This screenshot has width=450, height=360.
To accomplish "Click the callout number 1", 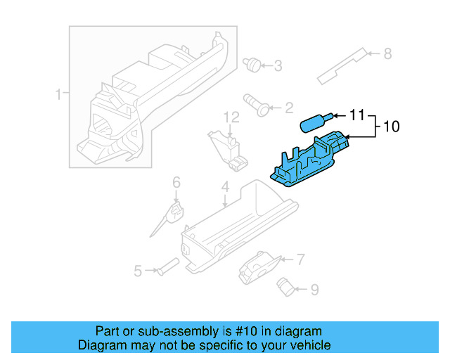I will [58, 94].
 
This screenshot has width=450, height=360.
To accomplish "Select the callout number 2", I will [288, 108].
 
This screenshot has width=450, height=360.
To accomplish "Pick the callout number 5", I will [139, 270].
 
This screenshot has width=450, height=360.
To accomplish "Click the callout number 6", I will [176, 182].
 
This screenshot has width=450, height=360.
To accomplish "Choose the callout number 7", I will [300, 259].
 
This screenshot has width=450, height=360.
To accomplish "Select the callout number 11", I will [358, 114].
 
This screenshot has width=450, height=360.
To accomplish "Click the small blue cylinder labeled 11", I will [314, 122].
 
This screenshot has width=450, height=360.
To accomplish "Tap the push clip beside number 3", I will [250, 64].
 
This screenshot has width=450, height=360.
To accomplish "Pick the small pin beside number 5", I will [169, 266].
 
